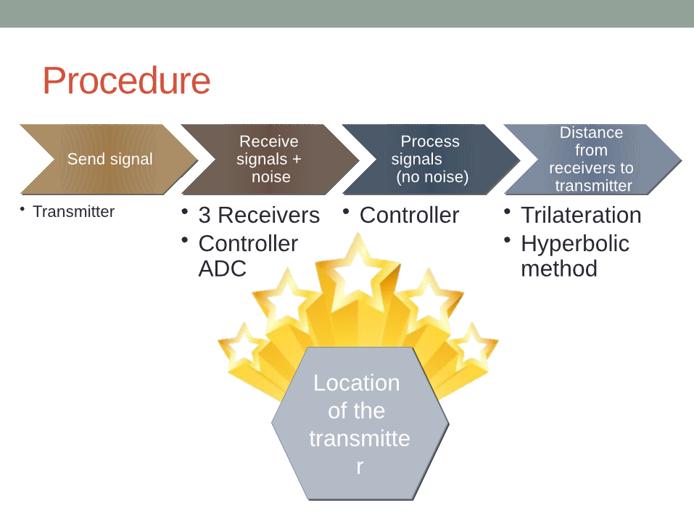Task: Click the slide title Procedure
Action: pos(126,81)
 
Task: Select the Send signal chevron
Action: pos(109,159)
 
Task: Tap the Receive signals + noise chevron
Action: pos(269,159)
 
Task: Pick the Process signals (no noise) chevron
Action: pos(430,159)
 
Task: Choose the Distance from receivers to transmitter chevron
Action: pos(591,159)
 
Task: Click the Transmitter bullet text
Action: pos(73,212)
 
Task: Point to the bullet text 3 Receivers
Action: pos(259,216)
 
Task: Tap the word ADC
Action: pos(222,268)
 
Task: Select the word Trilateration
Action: pos(581,216)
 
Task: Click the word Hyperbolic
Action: pos(574,244)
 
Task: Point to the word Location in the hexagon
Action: pos(356,383)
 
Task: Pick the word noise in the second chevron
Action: pos(270,177)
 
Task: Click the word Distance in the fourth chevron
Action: pos(591,133)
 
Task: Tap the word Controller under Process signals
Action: pos(409,216)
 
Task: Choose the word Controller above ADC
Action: pos(247,244)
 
